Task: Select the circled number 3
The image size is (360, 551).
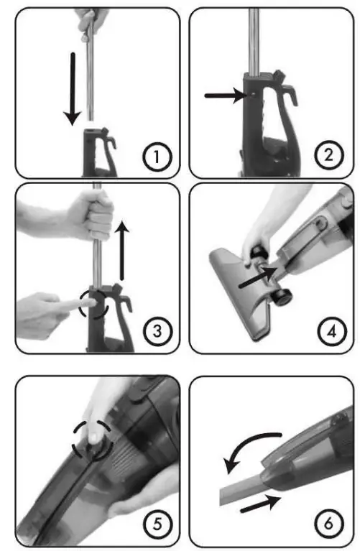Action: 155,331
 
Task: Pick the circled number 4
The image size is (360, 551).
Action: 328,331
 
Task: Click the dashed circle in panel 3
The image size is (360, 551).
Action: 96,302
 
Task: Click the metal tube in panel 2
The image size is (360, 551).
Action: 254,36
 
